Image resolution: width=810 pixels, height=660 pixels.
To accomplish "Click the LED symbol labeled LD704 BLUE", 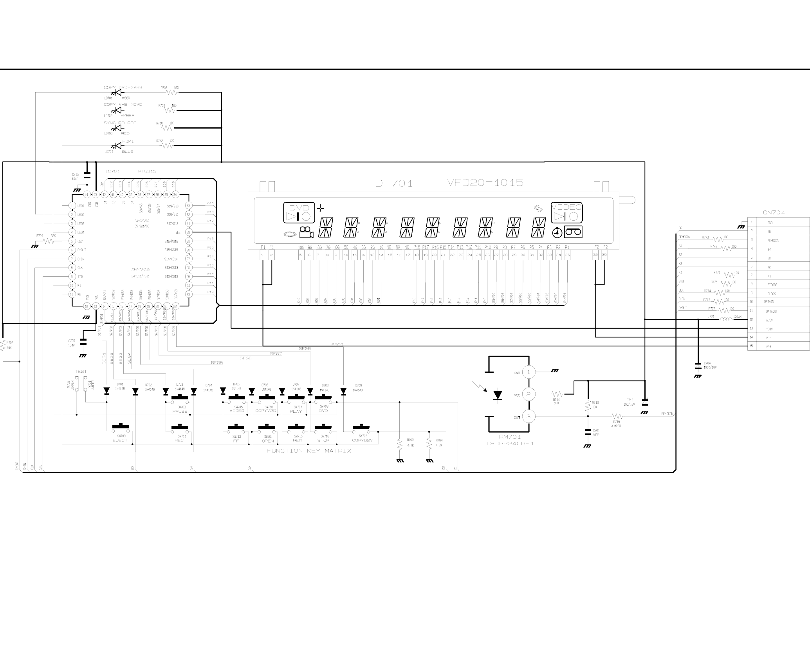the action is point(116,146).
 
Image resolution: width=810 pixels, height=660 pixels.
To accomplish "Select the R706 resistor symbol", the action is point(172,93).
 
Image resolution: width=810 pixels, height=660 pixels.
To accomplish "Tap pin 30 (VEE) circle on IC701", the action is point(188,232).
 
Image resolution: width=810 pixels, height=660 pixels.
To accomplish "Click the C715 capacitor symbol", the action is point(87,174).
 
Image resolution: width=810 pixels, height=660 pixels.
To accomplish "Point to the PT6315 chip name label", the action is point(147,171).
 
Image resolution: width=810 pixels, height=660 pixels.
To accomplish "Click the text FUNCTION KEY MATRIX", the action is point(309,451).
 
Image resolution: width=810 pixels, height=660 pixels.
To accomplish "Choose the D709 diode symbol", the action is point(343,391).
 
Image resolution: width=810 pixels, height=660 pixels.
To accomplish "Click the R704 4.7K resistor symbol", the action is point(429,444).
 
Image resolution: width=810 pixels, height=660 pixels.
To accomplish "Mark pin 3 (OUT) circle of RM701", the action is point(529,417).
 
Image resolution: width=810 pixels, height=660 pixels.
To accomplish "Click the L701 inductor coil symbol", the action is point(726,319).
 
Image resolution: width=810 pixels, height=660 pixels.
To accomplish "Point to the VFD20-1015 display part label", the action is point(485,183).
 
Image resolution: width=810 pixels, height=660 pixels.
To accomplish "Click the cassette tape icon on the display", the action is point(573,232).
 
